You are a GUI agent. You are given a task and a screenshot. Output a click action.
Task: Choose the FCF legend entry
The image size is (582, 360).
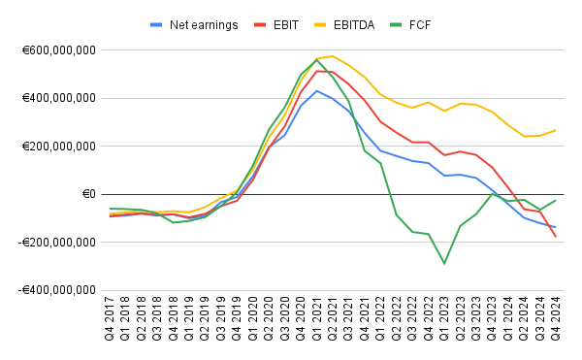click(x=446, y=24)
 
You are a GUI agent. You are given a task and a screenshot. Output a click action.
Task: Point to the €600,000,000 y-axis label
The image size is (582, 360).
click(x=58, y=50)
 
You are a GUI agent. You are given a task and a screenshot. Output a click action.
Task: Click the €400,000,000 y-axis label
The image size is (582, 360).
click(x=58, y=98)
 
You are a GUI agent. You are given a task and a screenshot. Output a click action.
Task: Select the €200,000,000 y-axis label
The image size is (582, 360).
click(x=58, y=147)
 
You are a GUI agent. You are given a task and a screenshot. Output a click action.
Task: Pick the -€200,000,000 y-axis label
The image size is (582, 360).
click(x=56, y=243)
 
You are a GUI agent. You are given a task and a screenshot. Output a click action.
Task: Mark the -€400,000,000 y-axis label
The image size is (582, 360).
click(x=56, y=290)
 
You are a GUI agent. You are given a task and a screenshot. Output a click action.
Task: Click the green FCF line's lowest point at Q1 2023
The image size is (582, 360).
click(x=444, y=263)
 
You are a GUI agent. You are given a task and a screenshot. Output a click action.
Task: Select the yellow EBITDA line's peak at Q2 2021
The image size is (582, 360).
click(x=333, y=56)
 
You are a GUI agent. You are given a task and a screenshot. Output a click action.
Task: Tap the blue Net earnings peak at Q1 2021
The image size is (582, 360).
click(x=317, y=91)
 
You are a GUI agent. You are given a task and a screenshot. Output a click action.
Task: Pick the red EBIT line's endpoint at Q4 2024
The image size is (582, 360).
click(x=556, y=237)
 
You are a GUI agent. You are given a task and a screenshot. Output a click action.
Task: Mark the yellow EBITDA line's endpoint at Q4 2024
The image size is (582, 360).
click(x=556, y=130)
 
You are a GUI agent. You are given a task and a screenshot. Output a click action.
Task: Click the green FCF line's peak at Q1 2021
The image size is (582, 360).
click(x=317, y=59)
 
